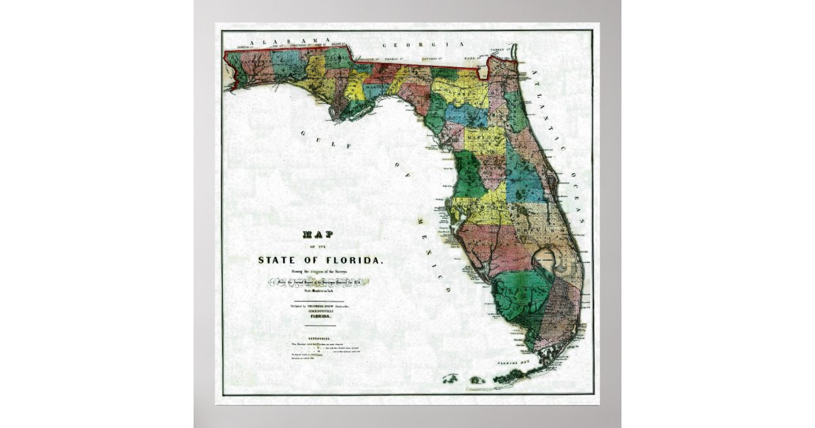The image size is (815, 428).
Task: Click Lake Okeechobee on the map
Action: click(544, 259)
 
